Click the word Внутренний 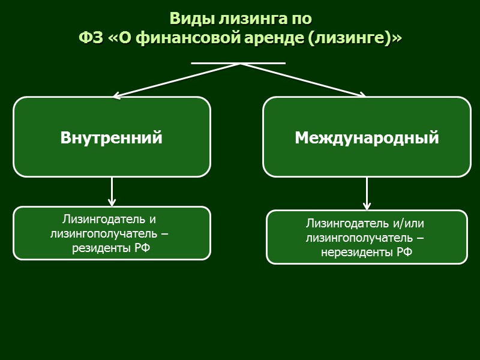click(x=112, y=138)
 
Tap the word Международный click(x=367, y=138)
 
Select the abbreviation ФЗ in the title click(x=91, y=39)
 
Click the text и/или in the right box click(x=408, y=224)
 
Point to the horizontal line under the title click(x=238, y=62)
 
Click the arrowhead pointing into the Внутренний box click(x=117, y=95)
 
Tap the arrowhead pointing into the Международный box click(x=362, y=94)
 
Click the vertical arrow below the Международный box click(x=367, y=194)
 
